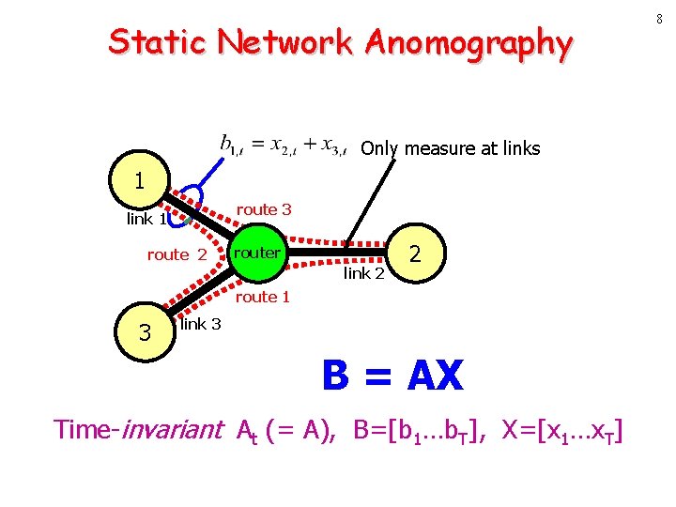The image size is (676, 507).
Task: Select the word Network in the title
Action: tap(285, 43)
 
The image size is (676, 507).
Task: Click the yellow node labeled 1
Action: tap(139, 179)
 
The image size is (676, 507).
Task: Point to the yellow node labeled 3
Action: tap(145, 332)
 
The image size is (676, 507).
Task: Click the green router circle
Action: tap(257, 253)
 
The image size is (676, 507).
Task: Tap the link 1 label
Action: tap(146, 220)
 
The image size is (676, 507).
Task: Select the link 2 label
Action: tap(364, 273)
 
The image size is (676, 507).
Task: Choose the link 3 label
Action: tap(201, 324)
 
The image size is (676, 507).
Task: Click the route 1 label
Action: tap(263, 297)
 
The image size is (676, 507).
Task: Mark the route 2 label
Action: tap(177, 254)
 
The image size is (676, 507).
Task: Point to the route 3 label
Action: tap(264, 209)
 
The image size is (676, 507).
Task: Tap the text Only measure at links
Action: tap(451, 148)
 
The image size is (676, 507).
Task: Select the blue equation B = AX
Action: tap(392, 376)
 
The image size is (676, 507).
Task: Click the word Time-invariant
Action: tap(138, 430)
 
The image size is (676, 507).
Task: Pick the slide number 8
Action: tap(661, 19)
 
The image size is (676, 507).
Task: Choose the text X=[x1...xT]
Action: tap(562, 431)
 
